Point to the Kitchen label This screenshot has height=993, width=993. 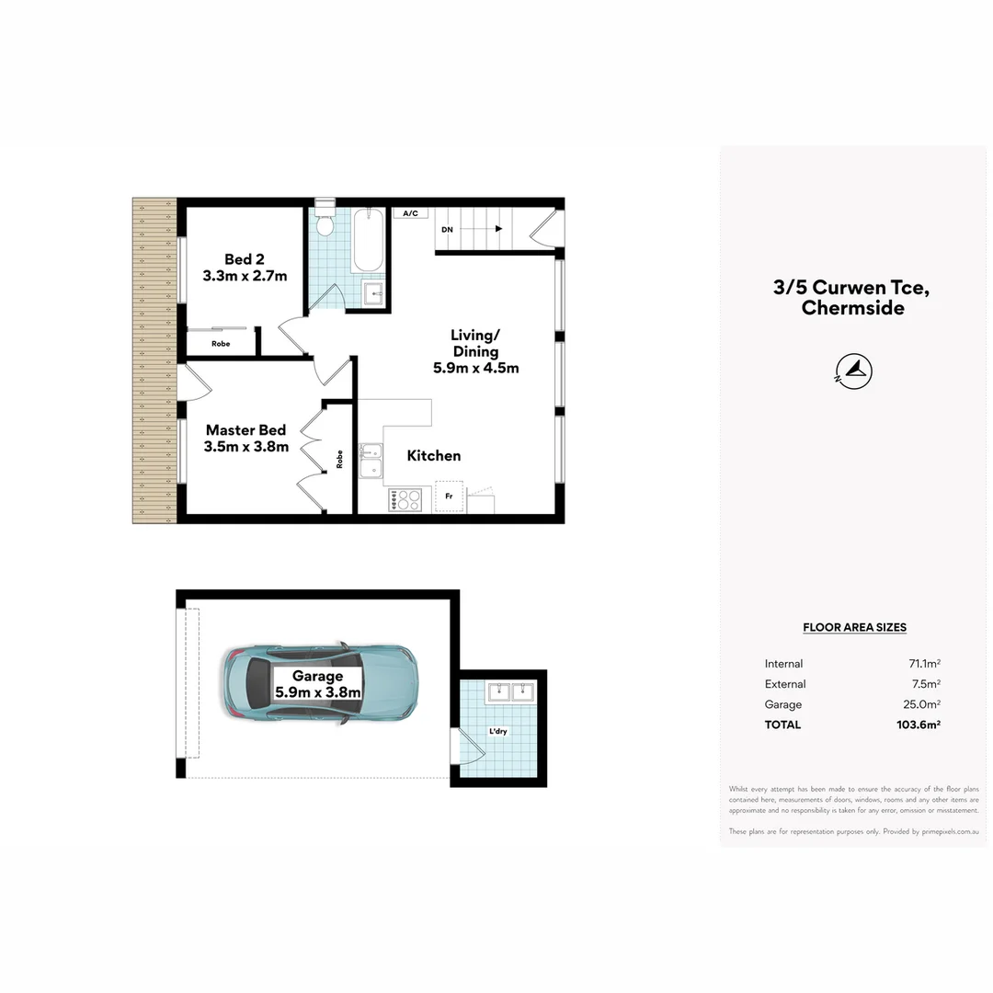coord(434,455)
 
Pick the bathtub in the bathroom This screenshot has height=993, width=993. coord(369,240)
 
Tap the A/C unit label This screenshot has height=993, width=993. coord(411,213)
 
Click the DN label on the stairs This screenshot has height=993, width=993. coord(448,229)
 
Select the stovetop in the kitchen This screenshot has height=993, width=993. coord(405,500)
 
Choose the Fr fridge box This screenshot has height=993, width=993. coord(450,496)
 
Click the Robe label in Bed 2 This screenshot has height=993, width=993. coord(221,344)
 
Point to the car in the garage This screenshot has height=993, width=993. coord(320,682)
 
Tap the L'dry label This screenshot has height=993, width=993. coord(498,732)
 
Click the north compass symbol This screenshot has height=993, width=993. coord(854,371)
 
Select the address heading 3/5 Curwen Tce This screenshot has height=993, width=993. coord(851,287)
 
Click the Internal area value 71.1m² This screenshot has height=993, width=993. coord(924,664)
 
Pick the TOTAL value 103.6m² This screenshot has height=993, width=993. coord(920,725)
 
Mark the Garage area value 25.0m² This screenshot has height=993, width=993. coord(923,704)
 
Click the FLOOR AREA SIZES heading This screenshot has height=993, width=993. coord(854,627)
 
